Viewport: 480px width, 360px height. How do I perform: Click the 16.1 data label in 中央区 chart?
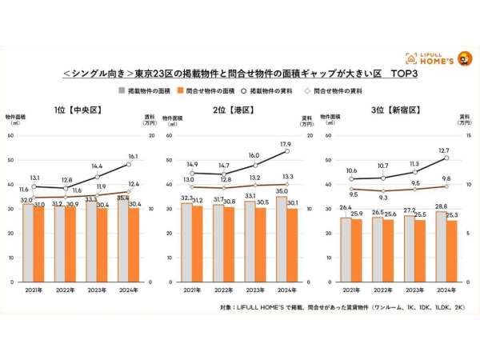[x=133, y=157]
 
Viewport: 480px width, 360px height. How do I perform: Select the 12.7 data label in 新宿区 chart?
[x=446, y=150]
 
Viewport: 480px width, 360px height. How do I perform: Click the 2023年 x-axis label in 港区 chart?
[x=252, y=289]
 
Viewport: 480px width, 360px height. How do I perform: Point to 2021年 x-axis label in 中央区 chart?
[x=33, y=289]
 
